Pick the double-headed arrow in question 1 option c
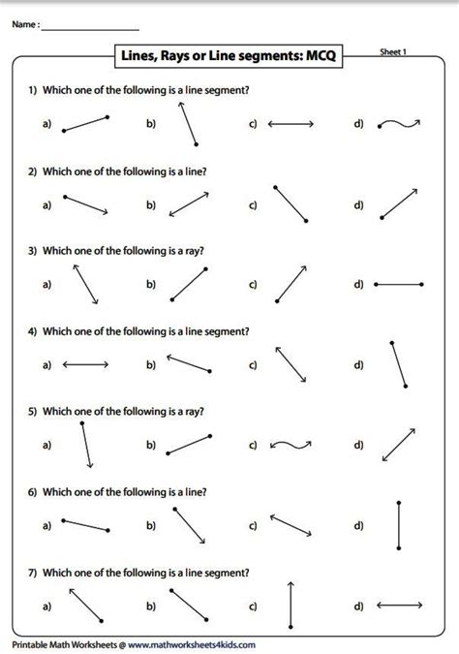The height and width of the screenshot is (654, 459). (291, 124)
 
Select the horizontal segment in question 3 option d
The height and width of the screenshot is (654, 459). (398, 285)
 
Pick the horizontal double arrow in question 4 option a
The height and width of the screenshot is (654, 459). (85, 365)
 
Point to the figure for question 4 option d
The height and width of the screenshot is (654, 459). (399, 364)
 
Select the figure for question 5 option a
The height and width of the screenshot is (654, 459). (86, 445)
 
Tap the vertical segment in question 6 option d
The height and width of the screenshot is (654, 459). (399, 526)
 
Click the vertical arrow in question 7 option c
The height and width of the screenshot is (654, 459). (291, 607)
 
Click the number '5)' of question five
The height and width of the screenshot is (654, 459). (32, 412)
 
